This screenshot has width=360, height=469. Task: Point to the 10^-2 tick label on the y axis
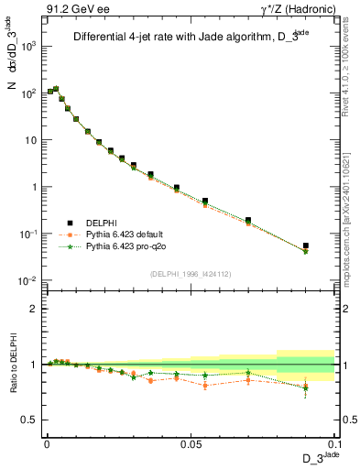27,281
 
